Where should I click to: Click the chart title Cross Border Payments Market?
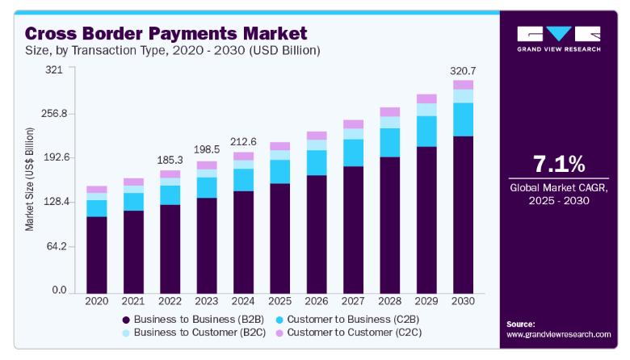pos(166,34)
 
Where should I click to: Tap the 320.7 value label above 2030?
pos(463,71)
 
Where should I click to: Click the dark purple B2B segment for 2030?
pos(463,214)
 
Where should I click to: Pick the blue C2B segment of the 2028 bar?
pos(389,142)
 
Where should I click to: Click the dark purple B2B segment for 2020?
pos(97,253)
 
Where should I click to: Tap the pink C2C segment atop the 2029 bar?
pos(426,98)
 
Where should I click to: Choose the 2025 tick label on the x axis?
pos(279,300)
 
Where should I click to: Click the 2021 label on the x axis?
pos(133,300)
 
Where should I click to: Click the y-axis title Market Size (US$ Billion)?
pos(29,180)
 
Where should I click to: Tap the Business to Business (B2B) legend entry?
pos(191,319)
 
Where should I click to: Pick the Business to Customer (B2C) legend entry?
pos(191,332)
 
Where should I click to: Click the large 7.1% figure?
pos(558,165)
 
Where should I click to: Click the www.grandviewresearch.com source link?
pos(558,333)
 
